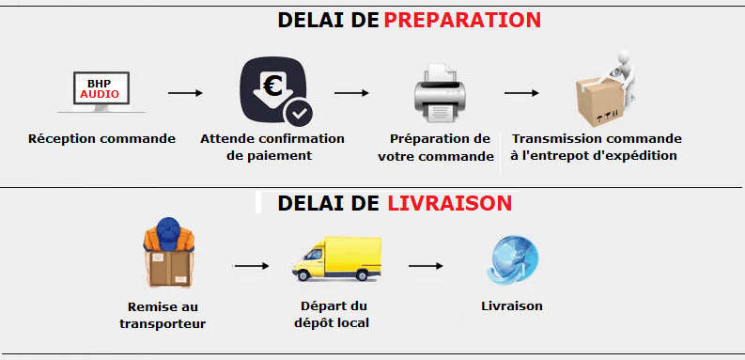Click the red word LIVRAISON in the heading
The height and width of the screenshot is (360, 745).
click(x=449, y=203)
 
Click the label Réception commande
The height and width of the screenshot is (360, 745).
click(x=101, y=139)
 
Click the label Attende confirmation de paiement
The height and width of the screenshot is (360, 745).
click(x=272, y=147)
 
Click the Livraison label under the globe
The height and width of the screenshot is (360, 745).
click(x=511, y=306)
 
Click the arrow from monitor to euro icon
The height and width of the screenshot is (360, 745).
click(x=185, y=93)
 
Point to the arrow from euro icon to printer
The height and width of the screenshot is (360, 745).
click(x=351, y=93)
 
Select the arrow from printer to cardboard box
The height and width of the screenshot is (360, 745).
click(x=521, y=93)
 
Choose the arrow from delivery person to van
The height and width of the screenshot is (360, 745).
click(x=251, y=266)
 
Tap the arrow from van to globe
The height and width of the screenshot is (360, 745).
click(x=425, y=266)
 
